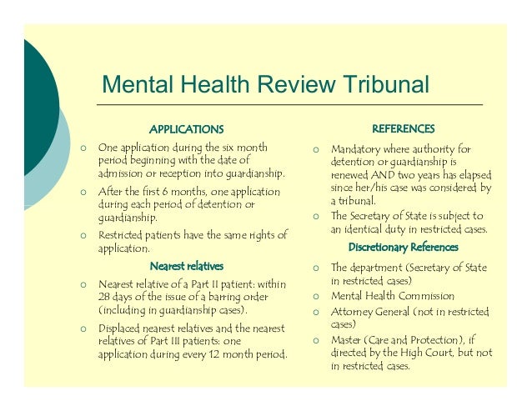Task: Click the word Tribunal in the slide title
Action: tap(384, 85)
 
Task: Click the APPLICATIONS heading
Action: tap(186, 129)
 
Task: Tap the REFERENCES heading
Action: tap(403, 128)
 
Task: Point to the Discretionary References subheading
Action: tap(404, 248)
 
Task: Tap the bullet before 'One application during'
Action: tap(83, 147)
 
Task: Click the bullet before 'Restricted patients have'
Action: tap(83, 235)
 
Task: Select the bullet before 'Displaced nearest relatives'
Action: tap(83, 328)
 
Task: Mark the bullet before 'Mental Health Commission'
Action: tap(316, 296)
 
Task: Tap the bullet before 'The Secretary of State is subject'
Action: tap(316, 216)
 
